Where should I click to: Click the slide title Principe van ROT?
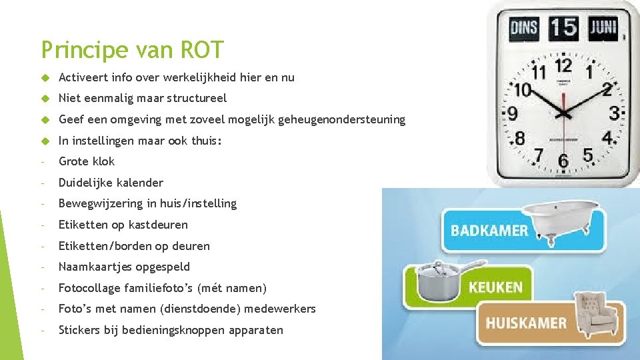pyautogui.click(x=133, y=49)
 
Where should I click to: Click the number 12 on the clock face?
pyautogui.click(x=563, y=65)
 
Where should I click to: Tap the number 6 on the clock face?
pyautogui.click(x=563, y=161)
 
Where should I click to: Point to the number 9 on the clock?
pyautogui.click(x=513, y=113)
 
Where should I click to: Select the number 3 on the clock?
pyautogui.click(x=614, y=112)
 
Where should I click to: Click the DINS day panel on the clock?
pyautogui.click(x=525, y=28)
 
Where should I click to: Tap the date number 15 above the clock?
pyautogui.click(x=563, y=28)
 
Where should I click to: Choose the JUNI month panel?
pyautogui.click(x=603, y=28)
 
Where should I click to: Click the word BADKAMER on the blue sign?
pyautogui.click(x=489, y=231)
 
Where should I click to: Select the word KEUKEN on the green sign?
pyautogui.click(x=495, y=287)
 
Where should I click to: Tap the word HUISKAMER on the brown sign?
pyautogui.click(x=526, y=323)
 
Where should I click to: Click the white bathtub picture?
pyautogui.click(x=560, y=219)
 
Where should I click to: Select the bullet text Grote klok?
pyautogui.click(x=87, y=161)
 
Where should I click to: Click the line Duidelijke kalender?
pyautogui.click(x=111, y=183)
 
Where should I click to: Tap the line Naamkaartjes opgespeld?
pyautogui.click(x=124, y=267)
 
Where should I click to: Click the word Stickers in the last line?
pyautogui.click(x=79, y=330)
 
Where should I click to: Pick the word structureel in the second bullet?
pyautogui.click(x=197, y=98)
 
